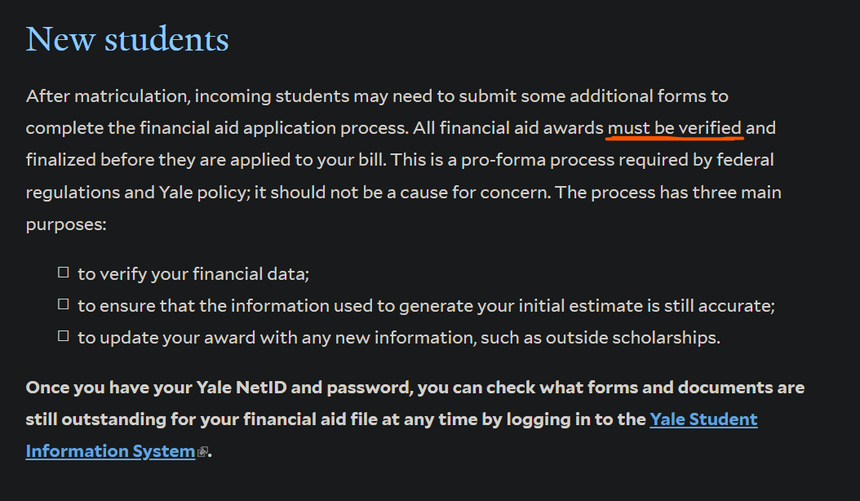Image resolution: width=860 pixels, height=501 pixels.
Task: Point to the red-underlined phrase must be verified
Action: point(675,128)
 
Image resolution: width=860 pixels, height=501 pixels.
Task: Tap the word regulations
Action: point(73,193)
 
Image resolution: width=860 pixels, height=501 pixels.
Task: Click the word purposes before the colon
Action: point(64,224)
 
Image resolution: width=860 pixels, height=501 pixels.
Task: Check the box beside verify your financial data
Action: point(64,273)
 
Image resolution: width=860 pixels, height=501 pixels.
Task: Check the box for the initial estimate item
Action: point(64,304)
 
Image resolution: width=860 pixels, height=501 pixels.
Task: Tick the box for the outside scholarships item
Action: point(64,336)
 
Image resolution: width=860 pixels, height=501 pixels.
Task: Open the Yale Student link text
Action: point(703,419)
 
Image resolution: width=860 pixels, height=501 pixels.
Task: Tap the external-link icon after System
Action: point(202,452)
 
